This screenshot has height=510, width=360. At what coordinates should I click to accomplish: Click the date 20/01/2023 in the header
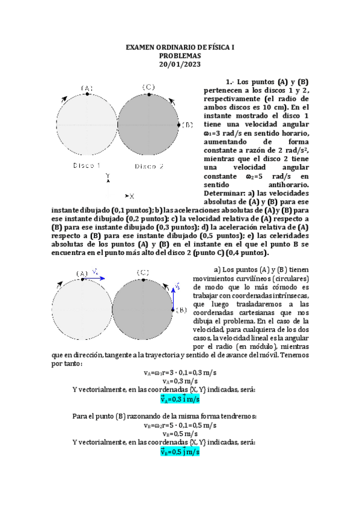(180, 64)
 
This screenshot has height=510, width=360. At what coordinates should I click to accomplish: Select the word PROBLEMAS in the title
(180, 55)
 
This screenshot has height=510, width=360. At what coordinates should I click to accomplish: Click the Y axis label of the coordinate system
(108, 176)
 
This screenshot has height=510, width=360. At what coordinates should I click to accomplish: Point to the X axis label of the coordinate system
(132, 196)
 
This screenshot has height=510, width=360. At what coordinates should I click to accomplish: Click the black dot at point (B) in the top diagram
(179, 124)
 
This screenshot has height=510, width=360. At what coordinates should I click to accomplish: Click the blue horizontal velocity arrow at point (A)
(96, 278)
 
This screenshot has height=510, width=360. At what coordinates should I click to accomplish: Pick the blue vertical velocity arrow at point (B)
(174, 297)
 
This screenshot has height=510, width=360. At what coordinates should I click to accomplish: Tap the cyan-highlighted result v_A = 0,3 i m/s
(180, 398)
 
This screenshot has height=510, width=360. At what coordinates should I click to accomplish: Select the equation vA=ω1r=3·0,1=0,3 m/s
(180, 372)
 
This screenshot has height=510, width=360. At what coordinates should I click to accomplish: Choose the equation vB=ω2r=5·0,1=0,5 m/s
(180, 425)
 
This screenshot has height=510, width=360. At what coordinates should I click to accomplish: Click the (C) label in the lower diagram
(143, 272)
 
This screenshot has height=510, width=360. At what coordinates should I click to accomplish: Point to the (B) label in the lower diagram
(181, 310)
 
